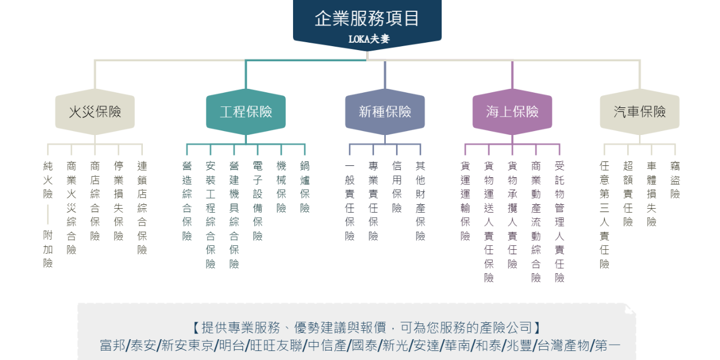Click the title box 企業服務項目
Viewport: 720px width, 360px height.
[367, 19]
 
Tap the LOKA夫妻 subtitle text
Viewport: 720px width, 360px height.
[368, 39]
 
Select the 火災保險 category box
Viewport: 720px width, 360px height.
[94, 112]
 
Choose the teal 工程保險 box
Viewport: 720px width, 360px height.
[246, 112]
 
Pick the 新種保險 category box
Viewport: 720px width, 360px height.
[385, 112]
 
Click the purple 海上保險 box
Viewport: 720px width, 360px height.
[512, 112]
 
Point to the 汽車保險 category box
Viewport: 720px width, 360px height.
[640, 112]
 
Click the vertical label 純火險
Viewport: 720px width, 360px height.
[48, 180]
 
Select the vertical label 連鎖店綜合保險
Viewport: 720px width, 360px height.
[142, 208]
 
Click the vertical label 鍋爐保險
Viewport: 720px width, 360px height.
[305, 187]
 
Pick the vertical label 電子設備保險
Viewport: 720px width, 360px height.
[258, 201]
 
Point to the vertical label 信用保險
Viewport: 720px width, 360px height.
[397, 187]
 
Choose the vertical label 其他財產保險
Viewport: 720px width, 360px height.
[420, 201]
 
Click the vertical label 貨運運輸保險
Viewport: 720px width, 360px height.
[465, 201]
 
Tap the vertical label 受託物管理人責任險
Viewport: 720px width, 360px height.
[560, 222]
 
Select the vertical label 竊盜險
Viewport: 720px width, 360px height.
[675, 180]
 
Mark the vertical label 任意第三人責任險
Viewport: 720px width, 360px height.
[604, 214]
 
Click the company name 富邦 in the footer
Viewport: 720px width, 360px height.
[112, 345]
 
